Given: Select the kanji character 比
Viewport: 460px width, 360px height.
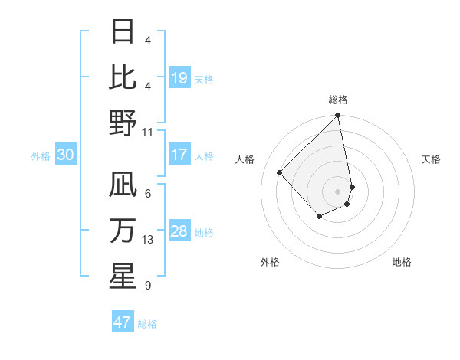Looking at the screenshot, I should pyautogui.click(x=123, y=77).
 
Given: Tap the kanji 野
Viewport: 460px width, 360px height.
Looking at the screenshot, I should pyautogui.click(x=123, y=123).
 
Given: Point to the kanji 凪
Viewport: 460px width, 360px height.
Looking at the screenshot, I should pyautogui.click(x=123, y=185).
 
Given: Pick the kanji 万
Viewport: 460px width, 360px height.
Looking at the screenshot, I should pyautogui.click(x=123, y=231).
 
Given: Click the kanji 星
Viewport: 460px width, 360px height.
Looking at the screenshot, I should pyautogui.click(x=123, y=277).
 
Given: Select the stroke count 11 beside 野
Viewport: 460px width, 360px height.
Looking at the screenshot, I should pyautogui.click(x=148, y=132).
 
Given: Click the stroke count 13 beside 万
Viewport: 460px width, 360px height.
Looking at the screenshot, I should pyautogui.click(x=148, y=240).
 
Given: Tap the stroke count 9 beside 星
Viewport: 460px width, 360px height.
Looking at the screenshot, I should pyautogui.click(x=148, y=286).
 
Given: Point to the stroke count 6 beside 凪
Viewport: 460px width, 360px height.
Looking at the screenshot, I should pyautogui.click(x=148, y=193).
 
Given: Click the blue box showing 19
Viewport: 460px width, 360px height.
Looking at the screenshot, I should pyautogui.click(x=179, y=77).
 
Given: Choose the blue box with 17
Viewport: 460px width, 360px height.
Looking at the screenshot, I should pyautogui.click(x=179, y=155).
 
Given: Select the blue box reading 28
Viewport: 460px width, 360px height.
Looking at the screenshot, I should pyautogui.click(x=179, y=231).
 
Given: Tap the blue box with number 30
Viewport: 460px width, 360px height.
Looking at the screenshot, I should pyautogui.click(x=66, y=155).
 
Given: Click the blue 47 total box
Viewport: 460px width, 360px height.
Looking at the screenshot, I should pyautogui.click(x=123, y=322).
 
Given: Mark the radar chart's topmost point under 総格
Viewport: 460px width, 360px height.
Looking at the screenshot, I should pyautogui.click(x=337, y=116).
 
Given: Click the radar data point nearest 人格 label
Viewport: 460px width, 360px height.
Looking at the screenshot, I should pyautogui.click(x=280, y=172).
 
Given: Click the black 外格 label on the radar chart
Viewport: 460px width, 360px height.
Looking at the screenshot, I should pyautogui.click(x=270, y=263).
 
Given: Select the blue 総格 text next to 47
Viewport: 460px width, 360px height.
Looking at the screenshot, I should pyautogui.click(x=147, y=323).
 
